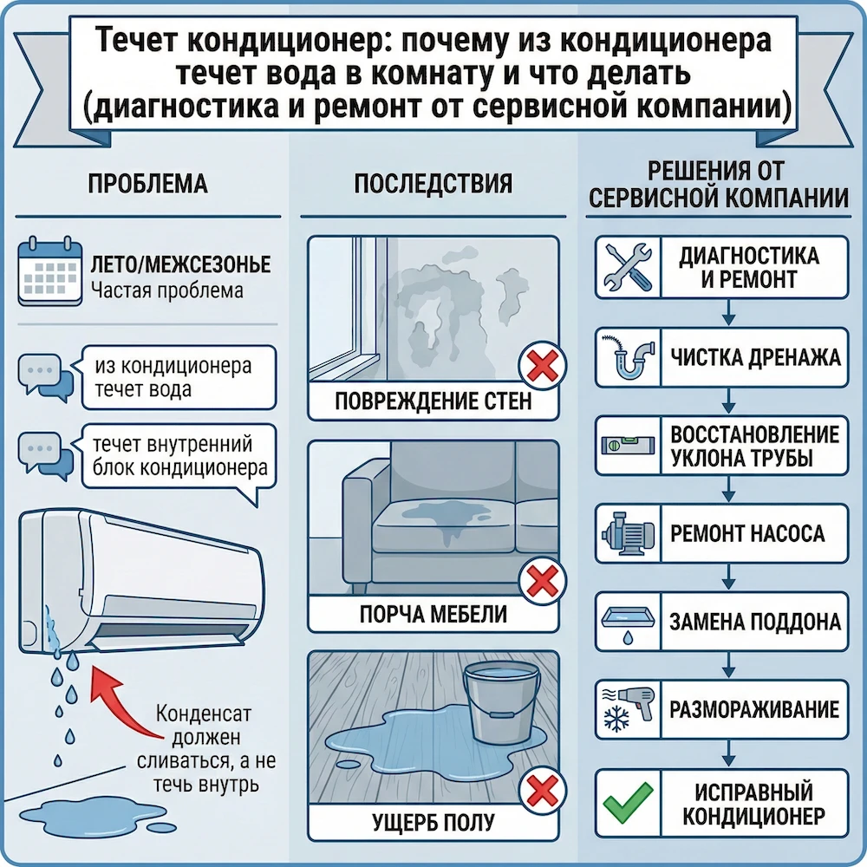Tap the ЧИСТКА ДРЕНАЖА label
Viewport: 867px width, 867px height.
point(751,355)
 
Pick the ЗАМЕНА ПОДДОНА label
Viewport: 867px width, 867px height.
point(751,622)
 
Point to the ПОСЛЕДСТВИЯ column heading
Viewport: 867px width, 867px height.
point(433,184)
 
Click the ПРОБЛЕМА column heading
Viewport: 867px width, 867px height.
point(148,184)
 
